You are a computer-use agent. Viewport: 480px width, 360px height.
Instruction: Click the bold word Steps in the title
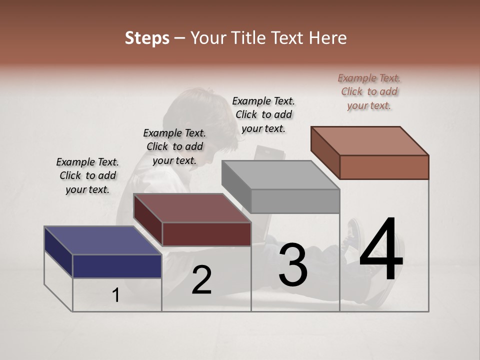(146, 38)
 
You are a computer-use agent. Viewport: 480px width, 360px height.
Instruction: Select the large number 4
(381, 250)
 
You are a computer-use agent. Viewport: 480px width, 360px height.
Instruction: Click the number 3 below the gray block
(293, 264)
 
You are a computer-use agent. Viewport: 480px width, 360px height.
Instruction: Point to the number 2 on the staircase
(201, 280)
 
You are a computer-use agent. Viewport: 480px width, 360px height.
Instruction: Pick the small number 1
(116, 295)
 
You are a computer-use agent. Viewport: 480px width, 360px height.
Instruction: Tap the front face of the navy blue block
(117, 266)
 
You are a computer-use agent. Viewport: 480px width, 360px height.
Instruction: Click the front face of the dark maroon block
(206, 234)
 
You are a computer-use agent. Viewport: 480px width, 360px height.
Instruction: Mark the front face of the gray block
(295, 201)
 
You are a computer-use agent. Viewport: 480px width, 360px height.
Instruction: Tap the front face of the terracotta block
(384, 167)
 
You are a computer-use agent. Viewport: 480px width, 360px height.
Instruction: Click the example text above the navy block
(87, 175)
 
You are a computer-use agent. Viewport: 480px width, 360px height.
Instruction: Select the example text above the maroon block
(174, 146)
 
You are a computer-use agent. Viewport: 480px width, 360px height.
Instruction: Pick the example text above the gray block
(263, 114)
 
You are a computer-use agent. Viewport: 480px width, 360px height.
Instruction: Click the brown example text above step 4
(369, 91)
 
